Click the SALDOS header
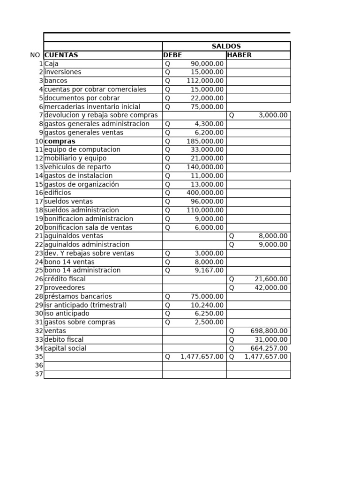pyautogui.click(x=226, y=46)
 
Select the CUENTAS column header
pyautogui.click(x=61, y=55)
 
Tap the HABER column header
pyautogui.click(x=240, y=55)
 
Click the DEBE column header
pyautogui.click(x=172, y=55)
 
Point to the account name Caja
pyautogui.click(x=52, y=64)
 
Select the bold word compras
pyautogui.click(x=60, y=141)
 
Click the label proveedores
pyautogui.click(x=65, y=288)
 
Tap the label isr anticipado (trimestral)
pyautogui.click(x=86, y=305)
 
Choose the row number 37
pyautogui.click(x=39, y=374)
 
